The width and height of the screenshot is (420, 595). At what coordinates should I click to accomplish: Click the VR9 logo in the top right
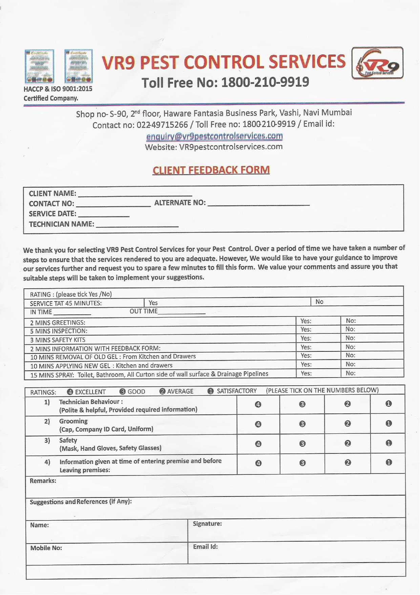(x=377, y=63)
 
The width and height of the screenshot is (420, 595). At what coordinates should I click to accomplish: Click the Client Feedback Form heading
(x=211, y=170)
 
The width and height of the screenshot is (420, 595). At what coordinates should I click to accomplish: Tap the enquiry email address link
(x=214, y=136)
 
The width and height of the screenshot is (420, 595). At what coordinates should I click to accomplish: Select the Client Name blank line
(x=135, y=194)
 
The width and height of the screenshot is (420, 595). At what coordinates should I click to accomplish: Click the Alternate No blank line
(x=258, y=203)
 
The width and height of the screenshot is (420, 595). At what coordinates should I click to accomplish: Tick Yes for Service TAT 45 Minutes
(x=153, y=303)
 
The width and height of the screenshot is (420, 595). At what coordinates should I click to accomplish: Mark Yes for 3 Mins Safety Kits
(x=306, y=338)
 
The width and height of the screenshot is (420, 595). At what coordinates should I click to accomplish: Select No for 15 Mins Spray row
(x=351, y=373)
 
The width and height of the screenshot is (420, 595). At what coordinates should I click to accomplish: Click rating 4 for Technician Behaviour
(x=258, y=404)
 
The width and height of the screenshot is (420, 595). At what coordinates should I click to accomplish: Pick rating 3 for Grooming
(x=302, y=424)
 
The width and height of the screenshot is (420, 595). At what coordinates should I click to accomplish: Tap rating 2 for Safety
(x=348, y=443)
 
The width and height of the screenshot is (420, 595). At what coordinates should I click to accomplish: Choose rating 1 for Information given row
(x=389, y=462)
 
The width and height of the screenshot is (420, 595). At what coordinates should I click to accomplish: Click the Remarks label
(x=43, y=481)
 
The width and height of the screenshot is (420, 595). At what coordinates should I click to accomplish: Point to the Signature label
(x=207, y=524)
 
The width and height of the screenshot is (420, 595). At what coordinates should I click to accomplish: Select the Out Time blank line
(x=182, y=312)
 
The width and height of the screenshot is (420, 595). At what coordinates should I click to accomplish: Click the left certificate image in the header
(x=39, y=66)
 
